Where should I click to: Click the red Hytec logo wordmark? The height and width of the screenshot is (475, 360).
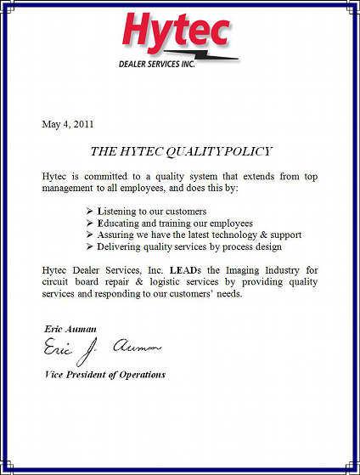[176, 31]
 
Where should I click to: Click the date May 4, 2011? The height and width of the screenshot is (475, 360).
[67, 124]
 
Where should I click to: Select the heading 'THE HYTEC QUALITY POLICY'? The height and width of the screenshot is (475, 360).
[181, 151]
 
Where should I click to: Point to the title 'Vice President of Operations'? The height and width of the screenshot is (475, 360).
[104, 374]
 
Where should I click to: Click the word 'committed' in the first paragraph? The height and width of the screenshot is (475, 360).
[104, 175]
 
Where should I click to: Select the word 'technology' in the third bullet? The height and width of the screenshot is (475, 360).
[245, 235]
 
